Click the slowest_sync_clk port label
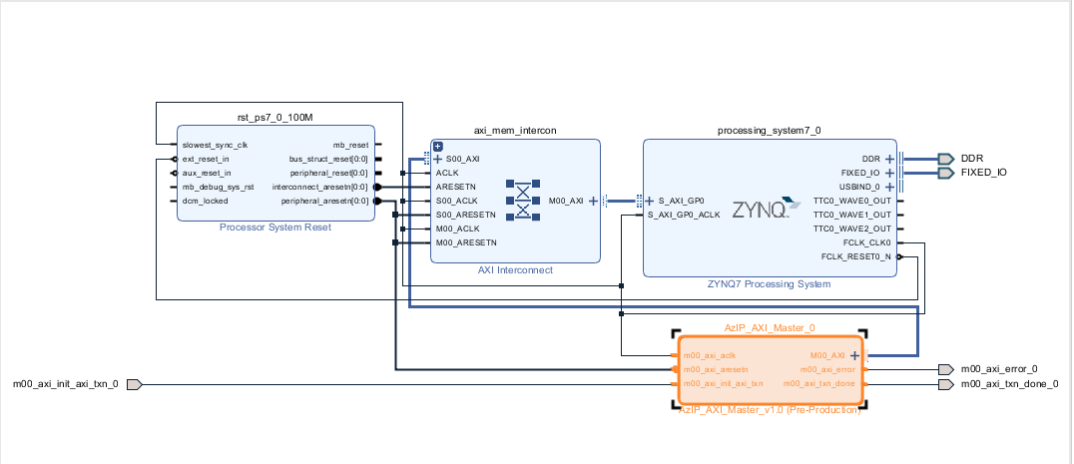pos(215,145)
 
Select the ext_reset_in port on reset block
pos(206,159)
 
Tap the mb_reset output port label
pos(350,145)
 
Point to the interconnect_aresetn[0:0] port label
pos(319,187)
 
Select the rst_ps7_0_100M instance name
pos(274,117)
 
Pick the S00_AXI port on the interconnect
pos(462,159)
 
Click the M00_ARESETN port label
pos(466,242)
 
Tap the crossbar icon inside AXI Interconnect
pos(521,200)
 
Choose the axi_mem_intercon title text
pos(514,130)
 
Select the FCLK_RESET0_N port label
pos(856,256)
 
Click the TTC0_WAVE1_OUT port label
pos(852,215)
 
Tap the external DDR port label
pos(971,159)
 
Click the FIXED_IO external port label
pos(983,173)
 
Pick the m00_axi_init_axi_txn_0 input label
pos(65,384)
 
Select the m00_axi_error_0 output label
pos(998,369)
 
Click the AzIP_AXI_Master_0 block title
pos(770,327)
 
